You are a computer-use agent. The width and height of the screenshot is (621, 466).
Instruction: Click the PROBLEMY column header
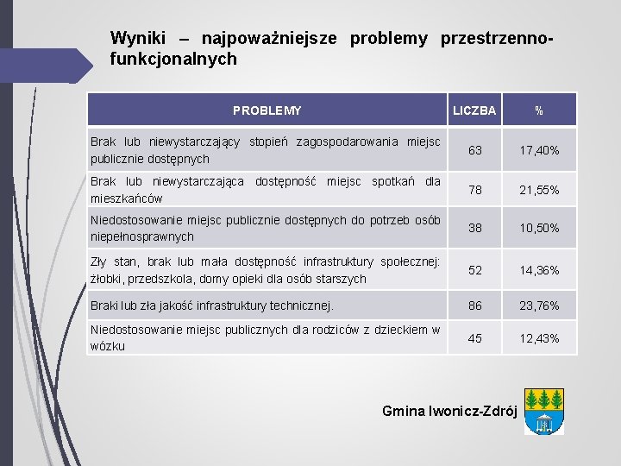[267, 110]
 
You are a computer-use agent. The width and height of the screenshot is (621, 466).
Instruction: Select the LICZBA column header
[474, 110]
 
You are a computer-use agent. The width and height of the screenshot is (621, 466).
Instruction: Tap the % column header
[539, 110]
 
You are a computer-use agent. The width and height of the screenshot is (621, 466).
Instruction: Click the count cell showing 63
[475, 150]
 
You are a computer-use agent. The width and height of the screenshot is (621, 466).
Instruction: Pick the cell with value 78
[475, 189]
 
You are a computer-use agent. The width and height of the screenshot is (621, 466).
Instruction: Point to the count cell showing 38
[475, 228]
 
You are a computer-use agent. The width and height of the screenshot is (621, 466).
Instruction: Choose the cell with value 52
[475, 270]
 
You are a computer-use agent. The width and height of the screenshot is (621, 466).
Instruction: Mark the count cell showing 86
[475, 305]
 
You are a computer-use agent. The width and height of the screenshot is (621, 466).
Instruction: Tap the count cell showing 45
[475, 337]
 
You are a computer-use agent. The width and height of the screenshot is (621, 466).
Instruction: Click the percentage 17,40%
[539, 150]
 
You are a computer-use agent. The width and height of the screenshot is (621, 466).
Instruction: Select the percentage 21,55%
[539, 189]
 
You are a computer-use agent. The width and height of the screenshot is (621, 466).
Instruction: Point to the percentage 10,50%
[539, 228]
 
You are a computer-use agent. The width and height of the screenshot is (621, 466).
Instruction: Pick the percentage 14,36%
[539, 270]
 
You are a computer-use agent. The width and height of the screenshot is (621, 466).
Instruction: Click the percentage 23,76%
[539, 305]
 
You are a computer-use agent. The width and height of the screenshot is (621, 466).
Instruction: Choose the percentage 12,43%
[539, 337]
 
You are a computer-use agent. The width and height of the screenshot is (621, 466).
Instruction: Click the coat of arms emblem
[544, 411]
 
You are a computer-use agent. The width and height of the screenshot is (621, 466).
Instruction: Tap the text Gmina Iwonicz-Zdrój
[449, 411]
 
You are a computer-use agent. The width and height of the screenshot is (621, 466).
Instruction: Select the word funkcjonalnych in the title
[173, 60]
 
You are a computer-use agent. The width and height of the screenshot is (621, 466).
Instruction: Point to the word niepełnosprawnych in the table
[142, 236]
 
